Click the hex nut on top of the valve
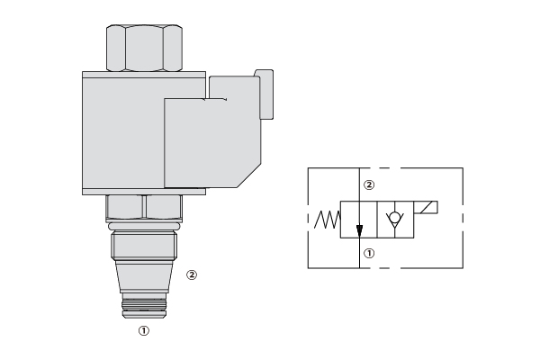click(x=144, y=48)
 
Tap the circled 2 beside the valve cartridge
click(x=192, y=274)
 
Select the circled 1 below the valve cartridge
click(x=144, y=330)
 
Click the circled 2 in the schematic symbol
click(x=369, y=185)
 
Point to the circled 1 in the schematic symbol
click(x=369, y=254)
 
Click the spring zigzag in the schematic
click(x=328, y=220)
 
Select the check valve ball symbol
click(x=395, y=218)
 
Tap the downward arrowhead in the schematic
click(x=359, y=230)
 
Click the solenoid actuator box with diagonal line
click(x=426, y=207)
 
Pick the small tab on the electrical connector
click(x=265, y=94)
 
